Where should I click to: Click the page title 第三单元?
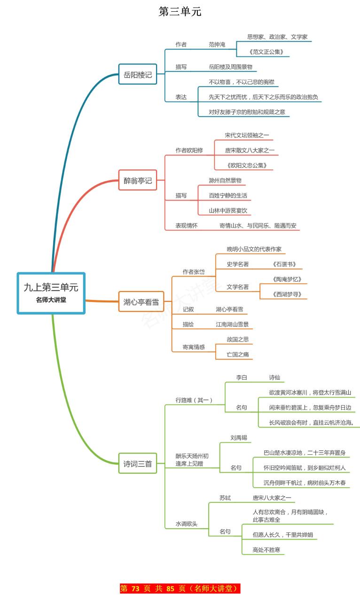pyautogui.click(x=180, y=12)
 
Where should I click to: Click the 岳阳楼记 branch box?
pyautogui.click(x=138, y=74)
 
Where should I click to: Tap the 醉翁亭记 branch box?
pyautogui.click(x=138, y=180)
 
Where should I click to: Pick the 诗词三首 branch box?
pyautogui.click(x=138, y=463)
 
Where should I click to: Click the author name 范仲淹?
pyautogui.click(x=217, y=44)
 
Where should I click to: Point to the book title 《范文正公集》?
pyautogui.click(x=266, y=52)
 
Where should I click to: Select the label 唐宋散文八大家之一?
pyautogui.click(x=250, y=150)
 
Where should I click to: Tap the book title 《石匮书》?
pyautogui.click(x=284, y=264)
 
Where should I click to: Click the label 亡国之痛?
pyautogui.click(x=238, y=354)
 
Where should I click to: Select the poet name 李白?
pyautogui.click(x=242, y=377)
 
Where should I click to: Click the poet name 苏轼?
pyautogui.click(x=225, y=498)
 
